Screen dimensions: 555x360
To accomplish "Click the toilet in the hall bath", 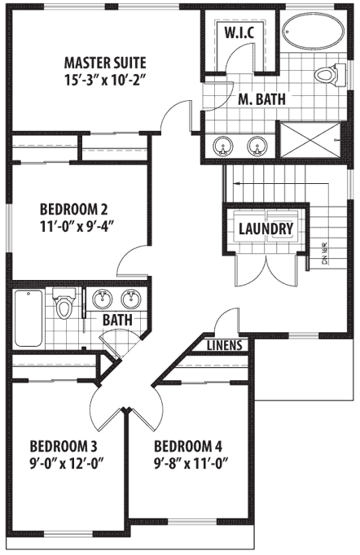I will point(63,308).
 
